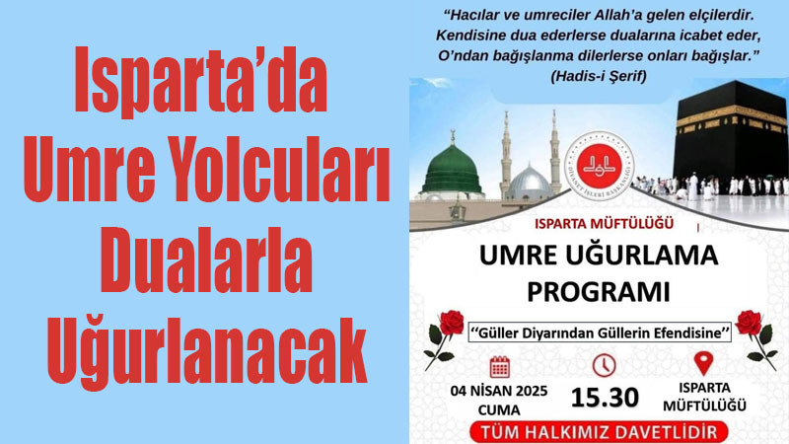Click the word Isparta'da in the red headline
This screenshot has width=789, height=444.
point(201,80)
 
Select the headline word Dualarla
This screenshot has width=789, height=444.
point(206,259)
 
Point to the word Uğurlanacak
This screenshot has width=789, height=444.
point(207,350)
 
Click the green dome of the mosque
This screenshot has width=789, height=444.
point(452,170)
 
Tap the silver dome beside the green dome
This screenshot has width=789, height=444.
point(529,183)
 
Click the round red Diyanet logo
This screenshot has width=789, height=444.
point(599,166)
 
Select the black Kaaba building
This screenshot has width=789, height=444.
point(732,133)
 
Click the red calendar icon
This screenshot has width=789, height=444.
point(500,367)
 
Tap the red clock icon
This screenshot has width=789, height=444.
point(604,365)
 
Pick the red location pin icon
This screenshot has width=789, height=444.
point(703,363)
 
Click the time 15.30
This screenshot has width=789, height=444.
point(605,398)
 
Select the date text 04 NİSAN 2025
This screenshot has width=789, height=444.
point(499,391)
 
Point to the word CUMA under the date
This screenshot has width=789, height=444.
point(499,409)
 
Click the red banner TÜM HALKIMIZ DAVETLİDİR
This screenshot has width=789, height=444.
point(599,432)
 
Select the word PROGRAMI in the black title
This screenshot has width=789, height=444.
point(599,291)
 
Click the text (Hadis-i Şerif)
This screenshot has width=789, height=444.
point(599,76)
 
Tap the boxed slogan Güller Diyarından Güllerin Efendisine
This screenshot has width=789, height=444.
point(600,333)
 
